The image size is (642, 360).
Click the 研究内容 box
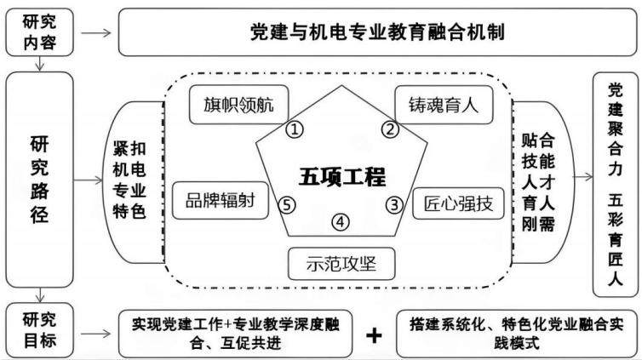coord(39,32)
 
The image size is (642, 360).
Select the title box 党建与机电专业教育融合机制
coord(377,32)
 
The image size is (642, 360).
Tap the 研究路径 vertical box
coord(39,180)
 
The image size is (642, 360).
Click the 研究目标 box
coord(39,330)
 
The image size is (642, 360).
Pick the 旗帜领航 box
coord(238,105)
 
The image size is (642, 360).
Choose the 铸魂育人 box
coord(444,105)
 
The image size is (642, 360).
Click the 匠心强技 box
coord(458,203)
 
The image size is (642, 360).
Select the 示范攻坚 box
coord(341,264)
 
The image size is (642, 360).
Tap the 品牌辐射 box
coord(221,201)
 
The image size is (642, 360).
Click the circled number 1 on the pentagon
coord(294,130)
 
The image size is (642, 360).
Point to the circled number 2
coord(390,129)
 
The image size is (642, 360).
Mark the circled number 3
coord(395,204)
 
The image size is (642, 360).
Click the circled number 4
coord(341,222)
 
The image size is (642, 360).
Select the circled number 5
coord(287,205)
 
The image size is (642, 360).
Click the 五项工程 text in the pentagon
coord(342,177)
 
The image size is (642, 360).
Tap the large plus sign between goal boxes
coord(374,335)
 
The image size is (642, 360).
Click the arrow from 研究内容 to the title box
coord(96,32)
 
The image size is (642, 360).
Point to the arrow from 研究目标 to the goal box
coord(96,334)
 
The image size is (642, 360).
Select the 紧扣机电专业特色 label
coord(129,180)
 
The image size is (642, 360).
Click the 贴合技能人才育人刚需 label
coord(538,182)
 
